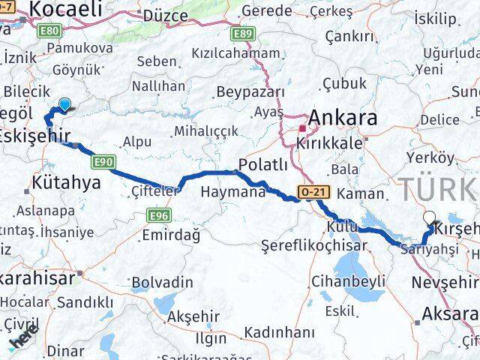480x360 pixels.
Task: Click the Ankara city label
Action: click(343, 118)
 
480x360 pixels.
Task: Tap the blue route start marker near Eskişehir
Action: click(64, 106)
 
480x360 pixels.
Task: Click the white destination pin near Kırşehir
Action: click(429, 218)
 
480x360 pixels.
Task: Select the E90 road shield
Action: click(103, 160)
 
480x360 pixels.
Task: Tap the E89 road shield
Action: click(241, 34)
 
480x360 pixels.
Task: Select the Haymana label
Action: click(233, 192)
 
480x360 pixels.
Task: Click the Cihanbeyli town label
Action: click(347, 282)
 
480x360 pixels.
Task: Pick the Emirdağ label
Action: click(171, 235)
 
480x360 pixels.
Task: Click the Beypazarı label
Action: click(250, 92)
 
